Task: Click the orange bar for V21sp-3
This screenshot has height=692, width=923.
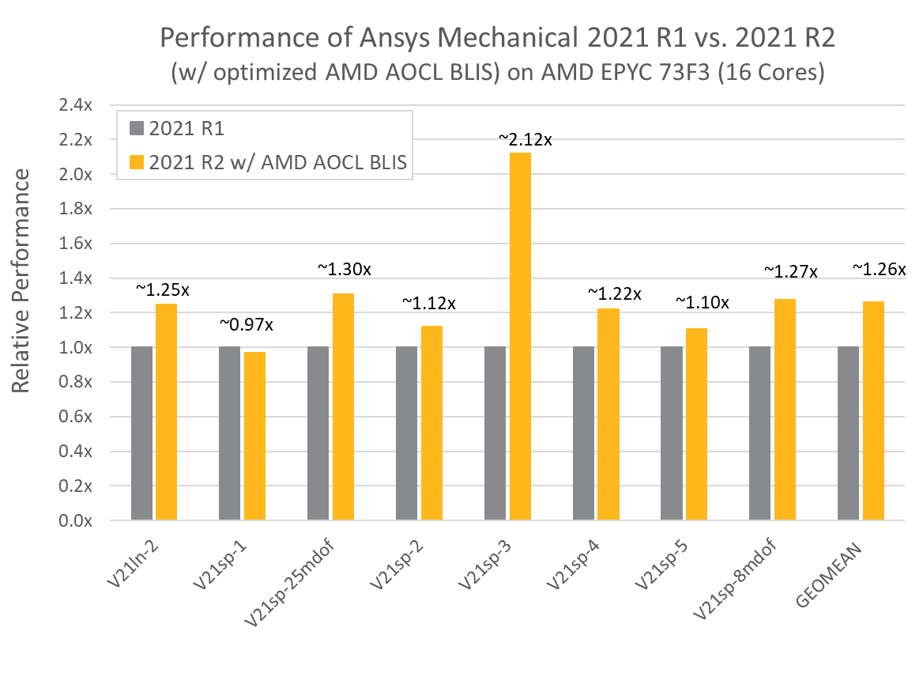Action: click(520, 336)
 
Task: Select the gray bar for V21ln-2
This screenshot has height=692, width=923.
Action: click(142, 433)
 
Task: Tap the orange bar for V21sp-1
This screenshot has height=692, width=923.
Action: click(255, 436)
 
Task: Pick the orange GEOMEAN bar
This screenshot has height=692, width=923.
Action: click(873, 410)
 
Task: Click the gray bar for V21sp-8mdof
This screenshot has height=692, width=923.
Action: click(760, 433)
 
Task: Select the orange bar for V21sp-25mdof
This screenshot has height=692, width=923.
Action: click(343, 407)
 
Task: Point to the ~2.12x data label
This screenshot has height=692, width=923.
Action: click(525, 139)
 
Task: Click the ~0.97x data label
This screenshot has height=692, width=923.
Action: click(246, 324)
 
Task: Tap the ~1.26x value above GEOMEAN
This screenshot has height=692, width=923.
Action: click(880, 269)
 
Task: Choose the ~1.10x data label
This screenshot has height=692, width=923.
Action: click(703, 302)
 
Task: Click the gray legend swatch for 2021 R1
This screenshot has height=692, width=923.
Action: click(137, 128)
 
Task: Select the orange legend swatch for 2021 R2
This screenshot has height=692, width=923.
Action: click(137, 162)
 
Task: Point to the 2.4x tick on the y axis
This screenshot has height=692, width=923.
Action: click(75, 105)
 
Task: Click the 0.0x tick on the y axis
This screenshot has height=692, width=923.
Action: click(75, 520)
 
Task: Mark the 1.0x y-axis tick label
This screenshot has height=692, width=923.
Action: click(75, 347)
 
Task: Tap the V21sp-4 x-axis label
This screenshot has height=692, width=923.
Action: click(573, 564)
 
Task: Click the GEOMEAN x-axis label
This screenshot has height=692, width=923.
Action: click(828, 575)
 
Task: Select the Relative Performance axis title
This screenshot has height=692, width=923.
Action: click(21, 281)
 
